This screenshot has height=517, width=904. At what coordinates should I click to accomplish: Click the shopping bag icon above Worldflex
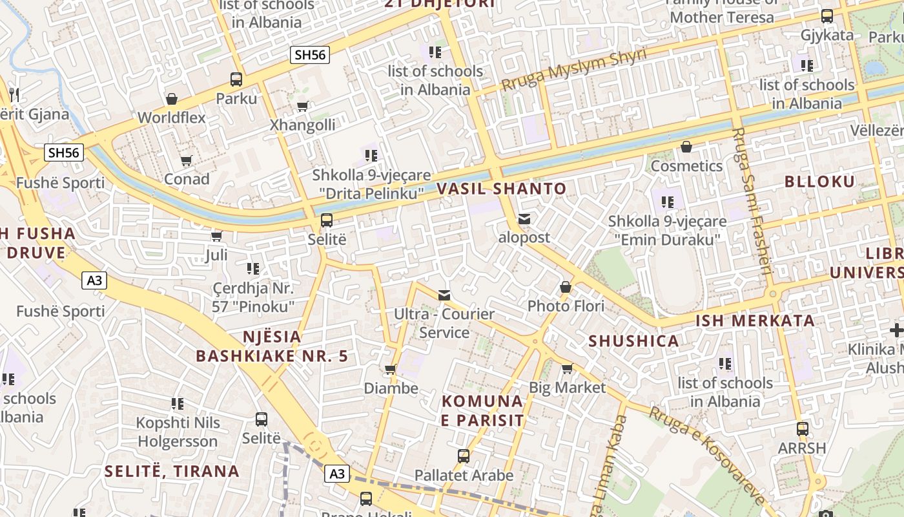point(172,99)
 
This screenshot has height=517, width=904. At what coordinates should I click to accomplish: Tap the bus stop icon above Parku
point(236,79)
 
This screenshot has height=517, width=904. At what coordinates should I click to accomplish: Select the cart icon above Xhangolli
point(302,106)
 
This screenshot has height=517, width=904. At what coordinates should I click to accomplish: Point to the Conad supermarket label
point(187,179)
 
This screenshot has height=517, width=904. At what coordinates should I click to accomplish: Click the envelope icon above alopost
point(524,219)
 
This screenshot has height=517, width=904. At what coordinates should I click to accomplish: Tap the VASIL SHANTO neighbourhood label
point(502,189)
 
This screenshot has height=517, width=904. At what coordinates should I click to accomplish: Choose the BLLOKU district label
point(819,182)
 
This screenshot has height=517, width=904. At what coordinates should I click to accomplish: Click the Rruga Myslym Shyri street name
point(573,70)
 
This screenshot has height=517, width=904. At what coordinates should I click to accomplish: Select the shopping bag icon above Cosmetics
point(686,147)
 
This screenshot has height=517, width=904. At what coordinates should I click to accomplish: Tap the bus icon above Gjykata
point(827,16)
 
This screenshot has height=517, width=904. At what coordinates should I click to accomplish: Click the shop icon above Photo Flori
point(566,287)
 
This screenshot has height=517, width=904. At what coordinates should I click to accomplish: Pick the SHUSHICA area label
point(633,341)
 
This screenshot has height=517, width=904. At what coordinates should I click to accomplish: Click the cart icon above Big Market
point(567,369)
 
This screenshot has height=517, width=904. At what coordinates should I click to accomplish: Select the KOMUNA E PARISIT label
point(482,410)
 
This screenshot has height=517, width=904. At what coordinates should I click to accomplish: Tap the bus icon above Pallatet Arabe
point(464,456)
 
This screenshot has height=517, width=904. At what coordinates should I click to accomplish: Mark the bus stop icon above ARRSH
point(802,429)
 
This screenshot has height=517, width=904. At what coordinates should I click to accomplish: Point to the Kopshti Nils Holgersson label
point(178,432)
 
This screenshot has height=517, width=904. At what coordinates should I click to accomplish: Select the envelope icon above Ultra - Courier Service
point(444,295)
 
